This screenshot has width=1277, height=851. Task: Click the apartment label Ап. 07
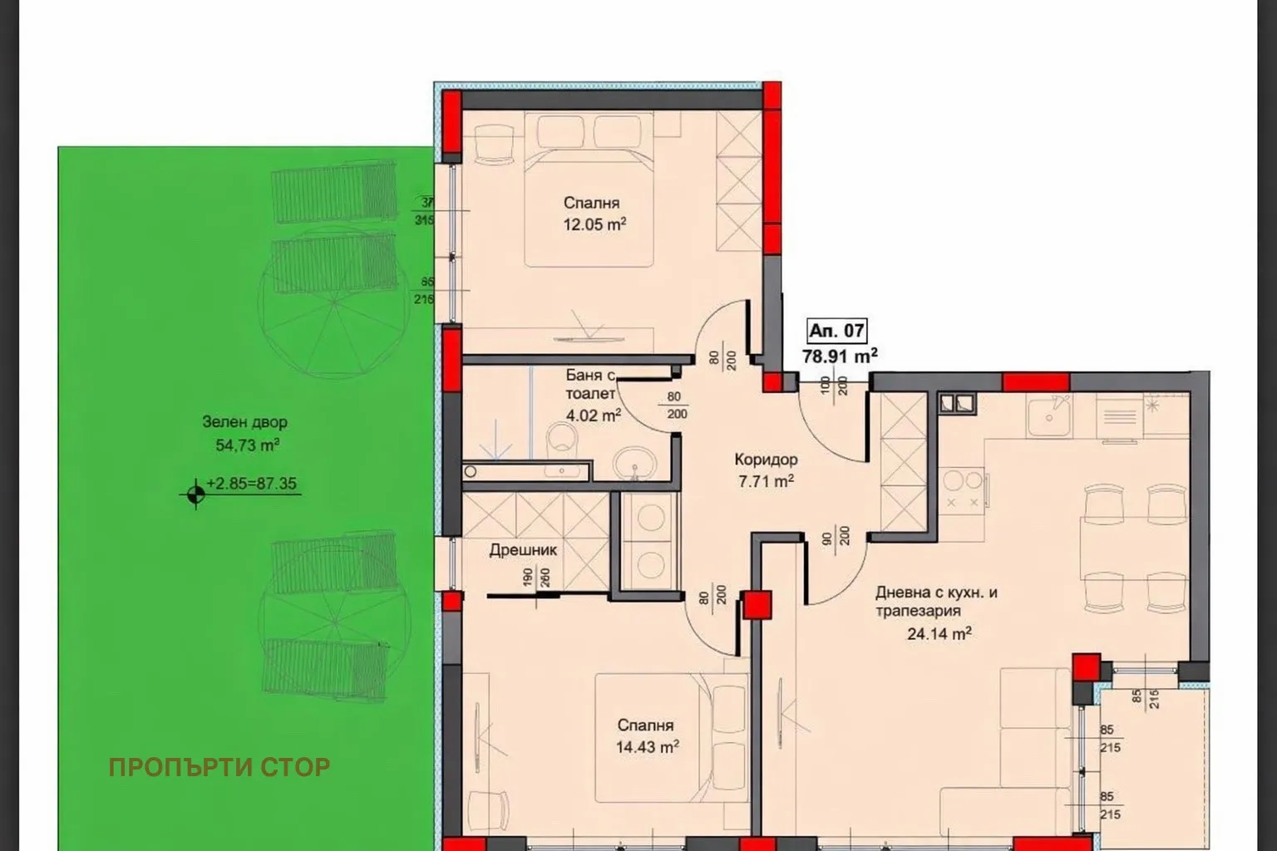click(x=836, y=331)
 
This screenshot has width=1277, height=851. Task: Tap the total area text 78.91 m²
click(x=839, y=357)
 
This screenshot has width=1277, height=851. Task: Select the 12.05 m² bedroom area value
click(x=594, y=224)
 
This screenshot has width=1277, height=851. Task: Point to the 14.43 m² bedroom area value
click(x=647, y=747)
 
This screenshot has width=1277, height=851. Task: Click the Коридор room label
click(x=766, y=460)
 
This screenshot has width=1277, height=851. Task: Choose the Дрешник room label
click(x=523, y=550)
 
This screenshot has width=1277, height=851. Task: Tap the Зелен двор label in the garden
click(x=244, y=422)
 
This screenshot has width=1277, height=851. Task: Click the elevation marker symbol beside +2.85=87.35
click(x=195, y=494)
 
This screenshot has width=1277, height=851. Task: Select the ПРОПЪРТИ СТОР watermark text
click(x=219, y=767)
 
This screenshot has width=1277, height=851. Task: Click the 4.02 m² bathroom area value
click(x=594, y=415)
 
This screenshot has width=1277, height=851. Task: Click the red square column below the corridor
click(x=757, y=604)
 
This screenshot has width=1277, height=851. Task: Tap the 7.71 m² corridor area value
click(x=766, y=480)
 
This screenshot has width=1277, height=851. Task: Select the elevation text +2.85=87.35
click(x=252, y=484)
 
